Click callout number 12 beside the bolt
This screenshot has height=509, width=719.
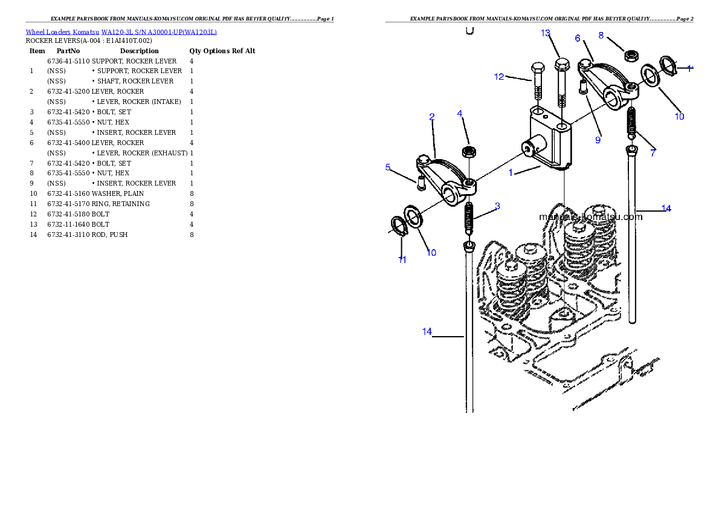click(x=499, y=77)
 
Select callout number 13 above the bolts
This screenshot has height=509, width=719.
click(x=546, y=33)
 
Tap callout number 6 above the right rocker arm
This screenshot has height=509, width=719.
click(x=578, y=38)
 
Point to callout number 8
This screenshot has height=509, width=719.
click(x=601, y=35)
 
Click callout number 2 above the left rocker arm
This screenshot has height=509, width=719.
click(x=432, y=117)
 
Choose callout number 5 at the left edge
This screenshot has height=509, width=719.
click(x=388, y=167)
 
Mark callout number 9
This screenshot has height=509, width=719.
click(x=598, y=140)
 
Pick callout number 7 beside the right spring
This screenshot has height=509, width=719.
click(x=653, y=153)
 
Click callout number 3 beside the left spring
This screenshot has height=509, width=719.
click(x=497, y=206)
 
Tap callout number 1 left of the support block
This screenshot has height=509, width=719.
click(x=511, y=172)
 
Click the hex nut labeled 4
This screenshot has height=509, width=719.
click(x=468, y=151)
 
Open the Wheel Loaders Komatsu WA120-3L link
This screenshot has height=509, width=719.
click(x=121, y=32)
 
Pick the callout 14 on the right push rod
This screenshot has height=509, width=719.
click(x=666, y=209)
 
